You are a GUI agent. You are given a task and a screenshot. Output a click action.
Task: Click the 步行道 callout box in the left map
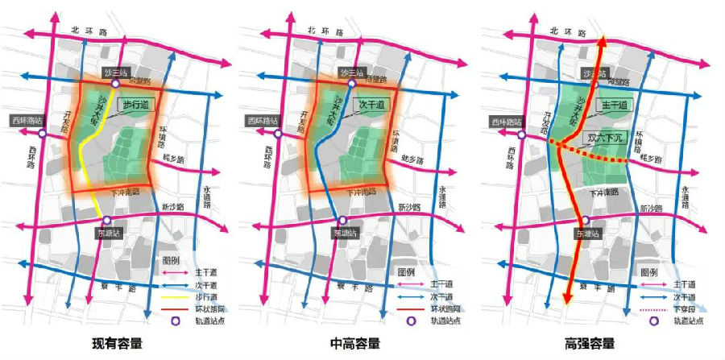[137, 104]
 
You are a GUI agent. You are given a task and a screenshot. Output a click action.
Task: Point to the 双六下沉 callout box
[608, 139]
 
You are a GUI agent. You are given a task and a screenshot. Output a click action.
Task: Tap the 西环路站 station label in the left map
[26, 121]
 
